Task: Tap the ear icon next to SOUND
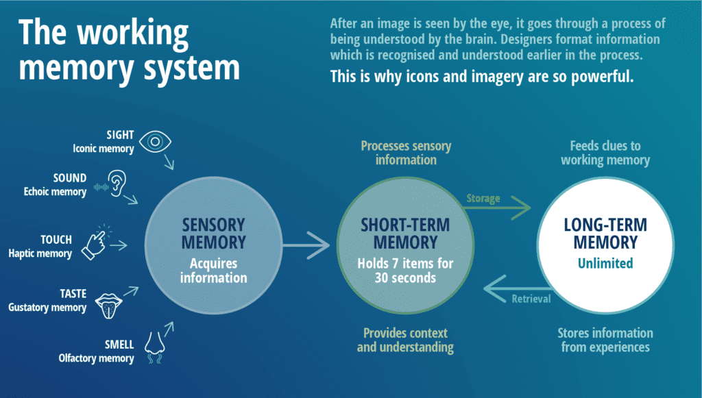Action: pos(121,184)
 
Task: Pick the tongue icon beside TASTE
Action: pos(110,305)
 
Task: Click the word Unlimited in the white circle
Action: pos(605,263)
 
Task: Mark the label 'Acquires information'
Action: pos(213,271)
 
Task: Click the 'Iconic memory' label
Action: pos(103,149)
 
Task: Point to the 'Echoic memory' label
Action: pos(55,192)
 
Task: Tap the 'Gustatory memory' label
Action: pos(47,308)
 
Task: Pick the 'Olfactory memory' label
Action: pos(97,358)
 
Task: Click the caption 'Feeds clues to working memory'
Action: pos(605,153)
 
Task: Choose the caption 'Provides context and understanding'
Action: pos(405,340)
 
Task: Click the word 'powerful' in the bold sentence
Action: pos(605,77)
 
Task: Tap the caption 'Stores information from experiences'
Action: pos(605,340)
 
